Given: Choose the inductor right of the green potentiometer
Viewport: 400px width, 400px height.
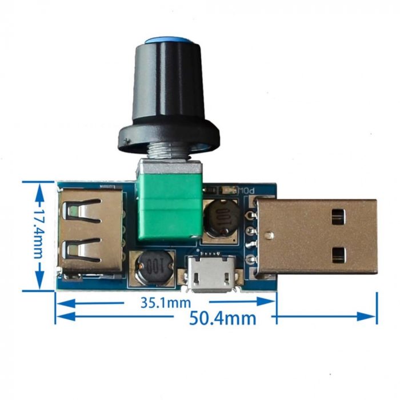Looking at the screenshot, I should point(220,219).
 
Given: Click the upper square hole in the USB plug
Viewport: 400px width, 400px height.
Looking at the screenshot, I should point(338,217).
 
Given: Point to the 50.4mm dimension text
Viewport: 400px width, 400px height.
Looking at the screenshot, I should point(223,317).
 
